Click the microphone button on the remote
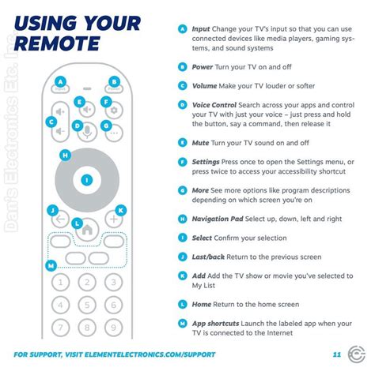coord(87,132)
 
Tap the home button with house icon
coord(87,230)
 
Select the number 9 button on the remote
coord(113,328)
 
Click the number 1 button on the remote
coord(60,282)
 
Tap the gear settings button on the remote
coord(114,110)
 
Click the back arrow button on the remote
coord(60,219)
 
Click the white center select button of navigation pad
coord(87,180)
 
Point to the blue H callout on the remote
coord(65,156)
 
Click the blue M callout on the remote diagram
coord(51,265)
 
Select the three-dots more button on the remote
coord(114,133)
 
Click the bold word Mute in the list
coord(200,143)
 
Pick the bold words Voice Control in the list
coord(214,105)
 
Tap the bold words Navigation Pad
coord(218,219)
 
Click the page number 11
coord(337,354)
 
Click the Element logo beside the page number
coord(357,354)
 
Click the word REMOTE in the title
coord(57,43)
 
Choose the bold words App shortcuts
coord(215,324)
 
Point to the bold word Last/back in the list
coord(208,257)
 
